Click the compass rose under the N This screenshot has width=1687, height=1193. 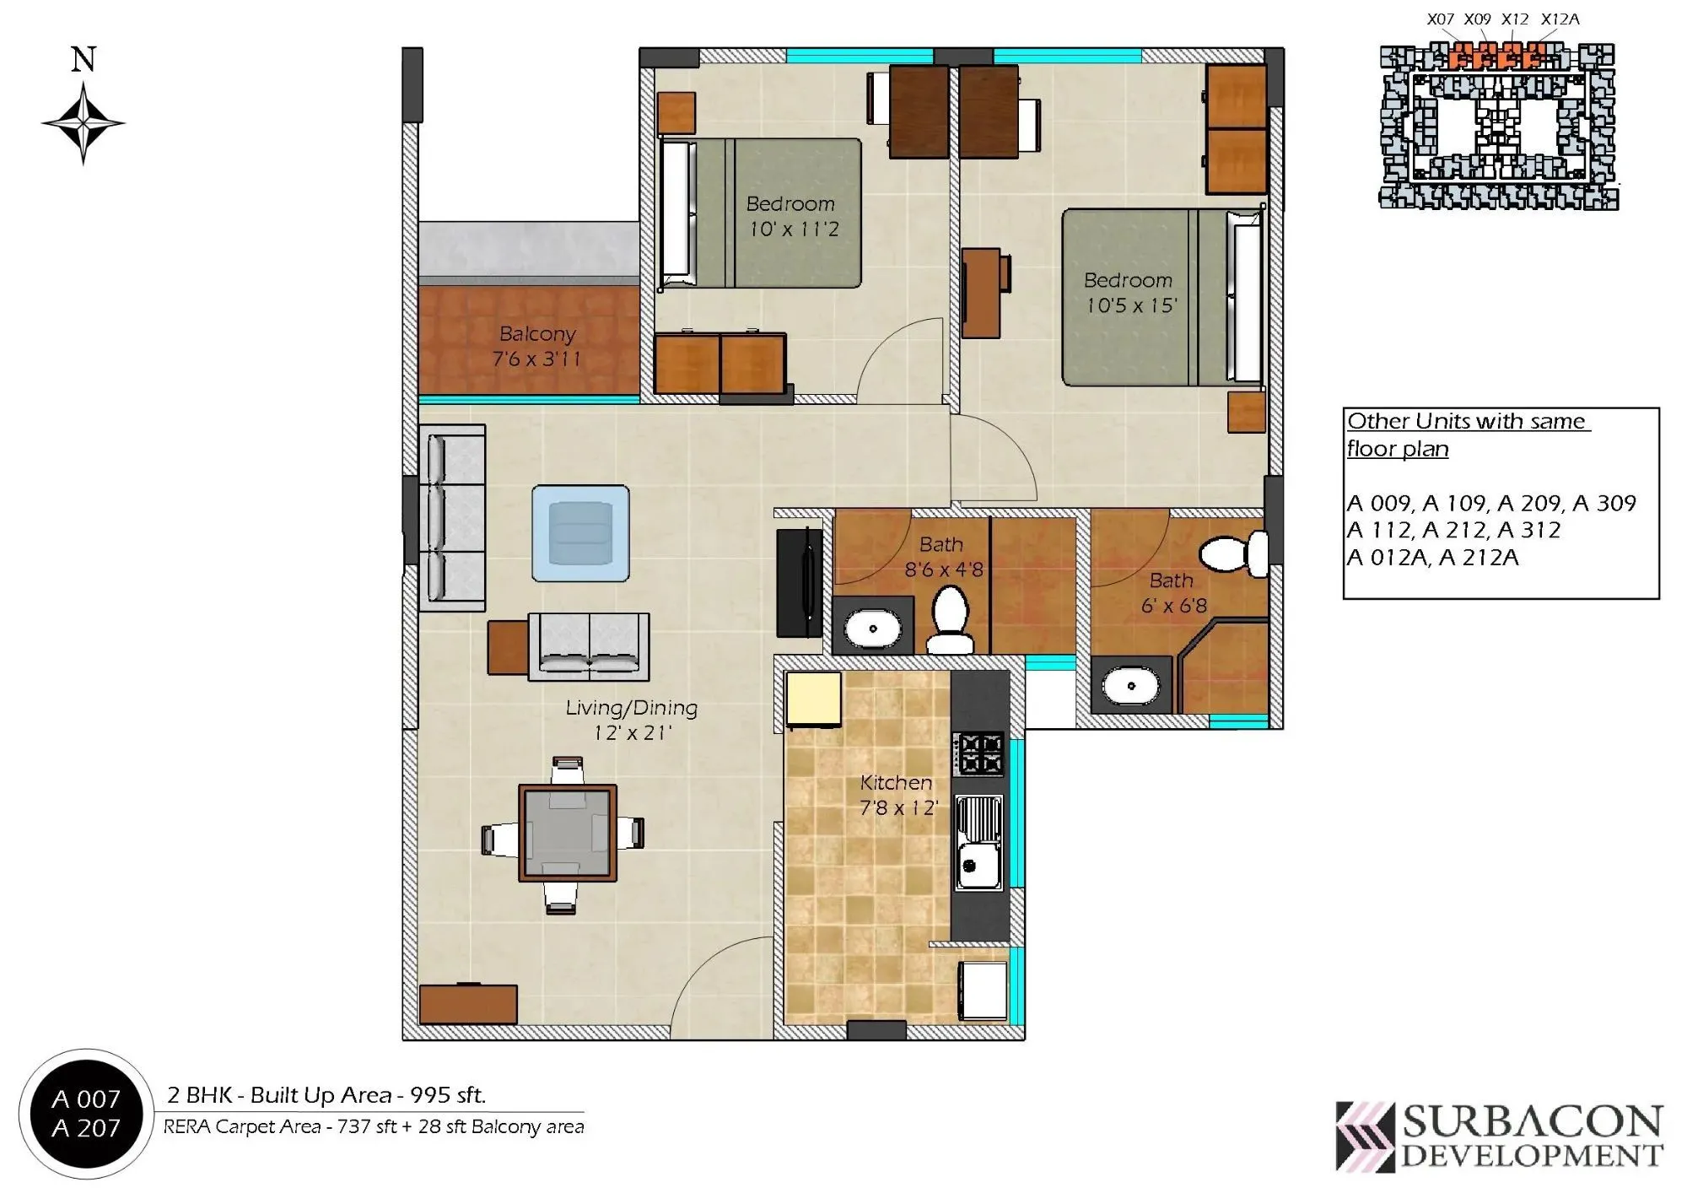83,123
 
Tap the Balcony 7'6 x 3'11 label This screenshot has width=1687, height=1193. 536,347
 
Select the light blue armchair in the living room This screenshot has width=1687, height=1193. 580,533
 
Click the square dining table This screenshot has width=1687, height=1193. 567,834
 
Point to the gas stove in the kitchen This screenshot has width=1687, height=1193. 978,753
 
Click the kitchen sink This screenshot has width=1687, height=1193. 978,843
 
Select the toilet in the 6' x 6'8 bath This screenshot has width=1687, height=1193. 1232,553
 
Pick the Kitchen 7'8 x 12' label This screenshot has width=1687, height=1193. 897,795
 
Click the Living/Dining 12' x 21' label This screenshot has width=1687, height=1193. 631,720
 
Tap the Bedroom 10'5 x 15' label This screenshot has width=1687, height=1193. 1129,293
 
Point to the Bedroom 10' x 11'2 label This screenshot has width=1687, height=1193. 791,216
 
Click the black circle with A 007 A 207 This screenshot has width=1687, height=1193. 85,1114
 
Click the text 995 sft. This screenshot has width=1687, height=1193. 447,1095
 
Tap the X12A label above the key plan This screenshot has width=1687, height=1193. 1560,19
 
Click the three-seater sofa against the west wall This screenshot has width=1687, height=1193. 453,517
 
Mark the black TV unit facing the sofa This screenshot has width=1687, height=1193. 799,582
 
